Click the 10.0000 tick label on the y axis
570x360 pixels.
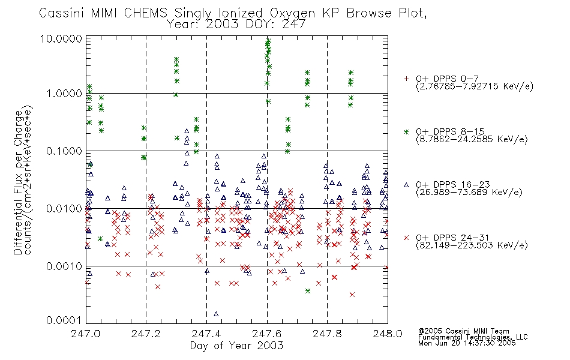point(61,38)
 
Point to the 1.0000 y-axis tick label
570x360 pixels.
point(64,94)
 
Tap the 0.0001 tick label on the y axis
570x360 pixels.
point(64,320)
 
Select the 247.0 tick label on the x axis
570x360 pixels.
point(85,334)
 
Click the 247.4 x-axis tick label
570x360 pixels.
point(206,334)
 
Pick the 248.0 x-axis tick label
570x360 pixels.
point(388,334)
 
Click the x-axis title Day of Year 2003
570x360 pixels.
point(236,346)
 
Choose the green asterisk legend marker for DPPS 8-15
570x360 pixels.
point(406,132)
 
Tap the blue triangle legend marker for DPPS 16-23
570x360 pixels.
point(406,185)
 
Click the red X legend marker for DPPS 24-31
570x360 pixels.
point(406,238)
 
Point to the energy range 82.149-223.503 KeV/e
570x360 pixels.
point(472,245)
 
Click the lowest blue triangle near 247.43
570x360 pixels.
point(216,314)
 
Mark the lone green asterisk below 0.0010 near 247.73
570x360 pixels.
point(308,291)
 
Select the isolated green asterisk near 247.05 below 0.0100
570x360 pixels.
point(100,239)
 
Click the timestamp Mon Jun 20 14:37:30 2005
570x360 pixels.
point(467,343)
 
